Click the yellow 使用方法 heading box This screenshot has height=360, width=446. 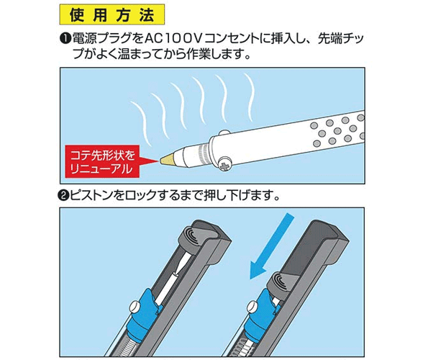tap(112, 14)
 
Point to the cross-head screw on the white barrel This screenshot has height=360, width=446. tap(226, 166)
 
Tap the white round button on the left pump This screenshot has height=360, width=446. tap(135, 307)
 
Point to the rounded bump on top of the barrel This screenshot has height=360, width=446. tap(224, 132)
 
